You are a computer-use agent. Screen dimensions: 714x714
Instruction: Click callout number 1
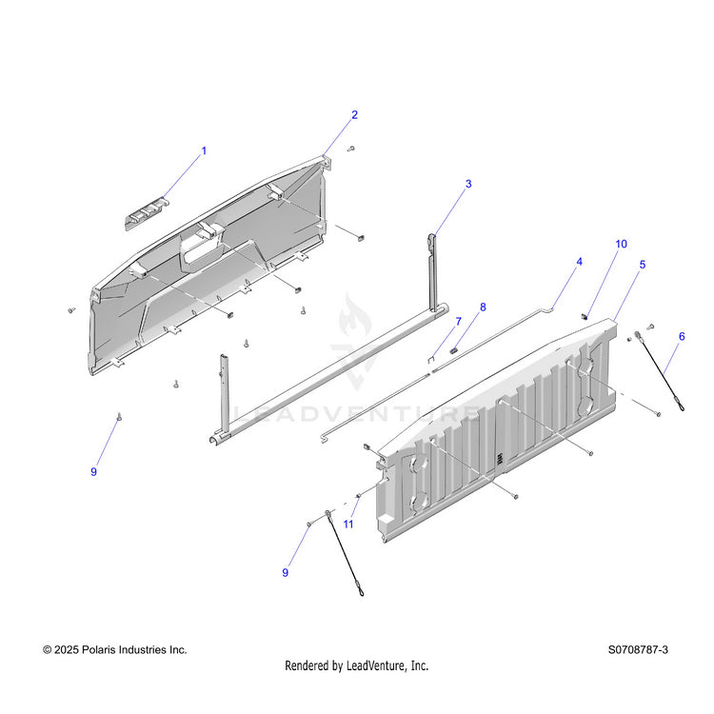(204, 150)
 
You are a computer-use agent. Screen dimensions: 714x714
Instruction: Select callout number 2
(354, 115)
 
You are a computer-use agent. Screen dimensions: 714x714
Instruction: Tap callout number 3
(468, 184)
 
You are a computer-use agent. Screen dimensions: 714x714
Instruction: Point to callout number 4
(579, 262)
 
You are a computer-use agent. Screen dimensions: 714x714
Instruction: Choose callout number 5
(643, 264)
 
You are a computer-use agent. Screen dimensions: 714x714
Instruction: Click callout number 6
(682, 336)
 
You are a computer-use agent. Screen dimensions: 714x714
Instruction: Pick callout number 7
(459, 322)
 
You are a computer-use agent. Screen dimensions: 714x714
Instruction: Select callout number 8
(483, 307)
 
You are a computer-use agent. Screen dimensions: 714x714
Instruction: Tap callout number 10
(621, 244)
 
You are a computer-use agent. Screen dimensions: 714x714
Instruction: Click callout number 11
(348, 525)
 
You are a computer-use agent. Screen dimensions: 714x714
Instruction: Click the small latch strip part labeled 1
(145, 213)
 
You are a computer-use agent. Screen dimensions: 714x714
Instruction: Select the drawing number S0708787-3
(638, 650)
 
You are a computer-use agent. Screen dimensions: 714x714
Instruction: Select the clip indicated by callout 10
(585, 316)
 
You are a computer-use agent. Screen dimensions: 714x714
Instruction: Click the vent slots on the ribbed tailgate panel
(500, 459)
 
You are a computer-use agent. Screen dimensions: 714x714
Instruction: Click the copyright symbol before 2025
(47, 650)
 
